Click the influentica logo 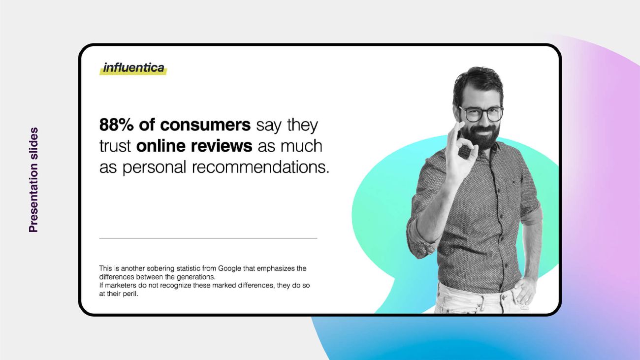133,68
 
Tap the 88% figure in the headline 116,125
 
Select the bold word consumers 205,125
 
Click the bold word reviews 222,146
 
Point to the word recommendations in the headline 260,167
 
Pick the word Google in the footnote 229,268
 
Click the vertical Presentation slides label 33,180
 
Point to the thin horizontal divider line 208,238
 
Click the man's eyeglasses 481,114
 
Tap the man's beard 481,136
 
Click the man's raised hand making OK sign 459,154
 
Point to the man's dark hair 478,83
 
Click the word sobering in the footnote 162,268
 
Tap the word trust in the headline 115,146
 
